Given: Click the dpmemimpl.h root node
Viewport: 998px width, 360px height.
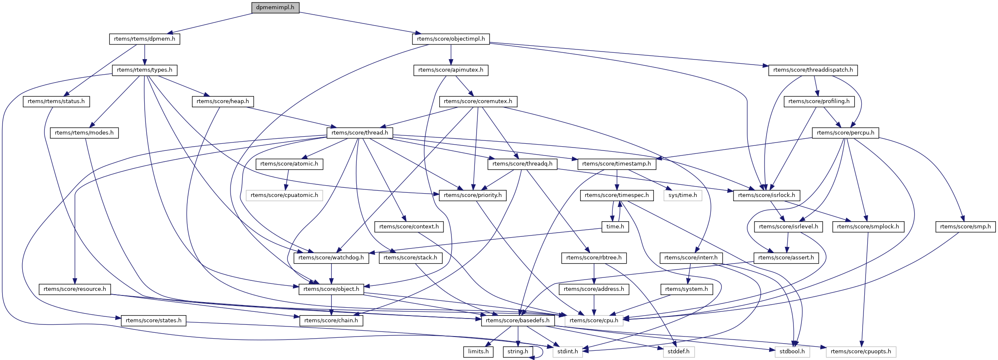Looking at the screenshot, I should click(x=275, y=8).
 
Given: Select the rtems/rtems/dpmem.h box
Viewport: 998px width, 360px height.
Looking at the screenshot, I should click(x=145, y=39).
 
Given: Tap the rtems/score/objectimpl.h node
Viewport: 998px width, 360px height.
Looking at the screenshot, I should click(x=451, y=39).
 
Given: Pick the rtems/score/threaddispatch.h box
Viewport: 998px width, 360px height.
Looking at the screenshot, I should click(x=813, y=70).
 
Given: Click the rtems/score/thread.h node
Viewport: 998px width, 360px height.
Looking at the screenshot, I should click(x=360, y=133).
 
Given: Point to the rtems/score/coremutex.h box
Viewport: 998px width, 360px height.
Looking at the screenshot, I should click(x=478, y=101).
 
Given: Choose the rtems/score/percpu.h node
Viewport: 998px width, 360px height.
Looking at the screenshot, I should click(x=845, y=133).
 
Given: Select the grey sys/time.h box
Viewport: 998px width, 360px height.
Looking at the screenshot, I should click(x=683, y=195).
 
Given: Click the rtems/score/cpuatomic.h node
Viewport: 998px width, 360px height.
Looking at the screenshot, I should click(x=284, y=195).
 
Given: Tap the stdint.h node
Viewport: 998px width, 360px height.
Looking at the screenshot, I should click(x=568, y=352).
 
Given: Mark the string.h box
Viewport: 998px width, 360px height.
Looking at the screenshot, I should click(x=518, y=352).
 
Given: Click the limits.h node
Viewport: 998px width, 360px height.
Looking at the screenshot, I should click(x=478, y=352).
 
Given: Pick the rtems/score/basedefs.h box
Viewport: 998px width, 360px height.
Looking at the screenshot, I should click(x=518, y=321).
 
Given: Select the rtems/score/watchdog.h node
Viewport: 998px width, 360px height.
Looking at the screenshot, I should click(x=331, y=258).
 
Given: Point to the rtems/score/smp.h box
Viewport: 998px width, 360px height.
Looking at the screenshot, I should click(x=965, y=227).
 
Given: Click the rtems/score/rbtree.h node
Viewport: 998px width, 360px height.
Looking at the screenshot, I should click(x=594, y=258).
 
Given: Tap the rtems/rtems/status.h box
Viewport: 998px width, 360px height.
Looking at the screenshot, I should click(x=56, y=101).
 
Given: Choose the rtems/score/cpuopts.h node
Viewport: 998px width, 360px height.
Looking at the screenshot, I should click(x=861, y=352).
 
